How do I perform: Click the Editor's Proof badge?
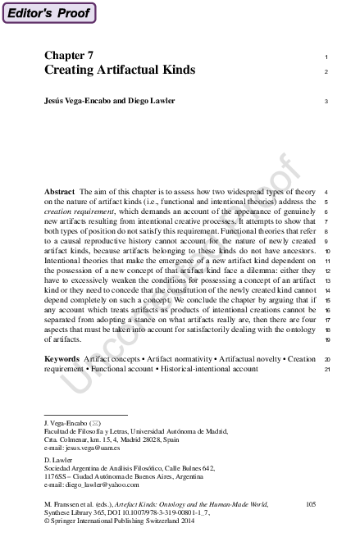tap(48, 12)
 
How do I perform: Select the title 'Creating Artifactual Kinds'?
tap(120, 71)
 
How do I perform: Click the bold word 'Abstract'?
tap(59, 190)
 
